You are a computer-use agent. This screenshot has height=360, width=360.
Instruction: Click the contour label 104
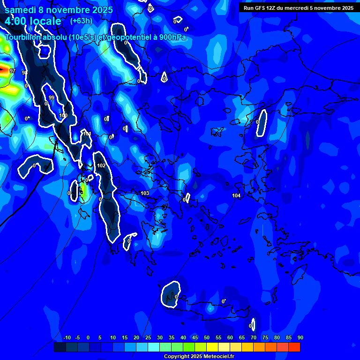pyautogui.click(x=236, y=195)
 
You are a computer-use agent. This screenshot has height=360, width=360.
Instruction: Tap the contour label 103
pyautogui.click(x=145, y=193)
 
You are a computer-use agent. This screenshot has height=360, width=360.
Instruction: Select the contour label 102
pyautogui.click(x=101, y=165)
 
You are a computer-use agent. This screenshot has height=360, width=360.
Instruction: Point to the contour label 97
pyautogui.click(x=13, y=71)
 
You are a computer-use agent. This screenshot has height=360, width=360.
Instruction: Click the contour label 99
pyautogui.click(x=52, y=97)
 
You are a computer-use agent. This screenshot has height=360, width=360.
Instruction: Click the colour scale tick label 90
pyautogui.click(x=300, y=338)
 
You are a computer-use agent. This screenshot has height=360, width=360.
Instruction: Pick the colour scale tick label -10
pyautogui.click(x=67, y=338)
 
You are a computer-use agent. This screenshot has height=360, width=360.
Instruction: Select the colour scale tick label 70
pyautogui.click(x=253, y=338)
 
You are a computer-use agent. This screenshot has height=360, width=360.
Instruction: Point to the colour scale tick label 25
pyautogui.click(x=148, y=338)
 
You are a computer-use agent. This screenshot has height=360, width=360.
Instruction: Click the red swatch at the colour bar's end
pyautogui.click(x=294, y=347)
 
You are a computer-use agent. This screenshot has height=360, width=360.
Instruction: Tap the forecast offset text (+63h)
pyautogui.click(x=81, y=21)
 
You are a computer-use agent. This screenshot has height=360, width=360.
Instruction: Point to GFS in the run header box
pyautogui.click(x=260, y=8)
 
